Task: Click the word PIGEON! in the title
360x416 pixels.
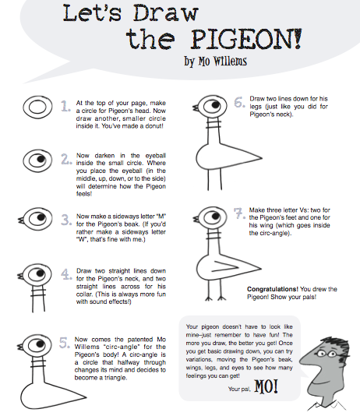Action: click(x=258, y=38)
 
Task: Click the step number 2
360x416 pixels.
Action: click(x=65, y=160)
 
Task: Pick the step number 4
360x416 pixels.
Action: click(x=65, y=273)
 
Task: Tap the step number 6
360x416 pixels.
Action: click(x=240, y=102)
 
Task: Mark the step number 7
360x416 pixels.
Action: click(x=240, y=213)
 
